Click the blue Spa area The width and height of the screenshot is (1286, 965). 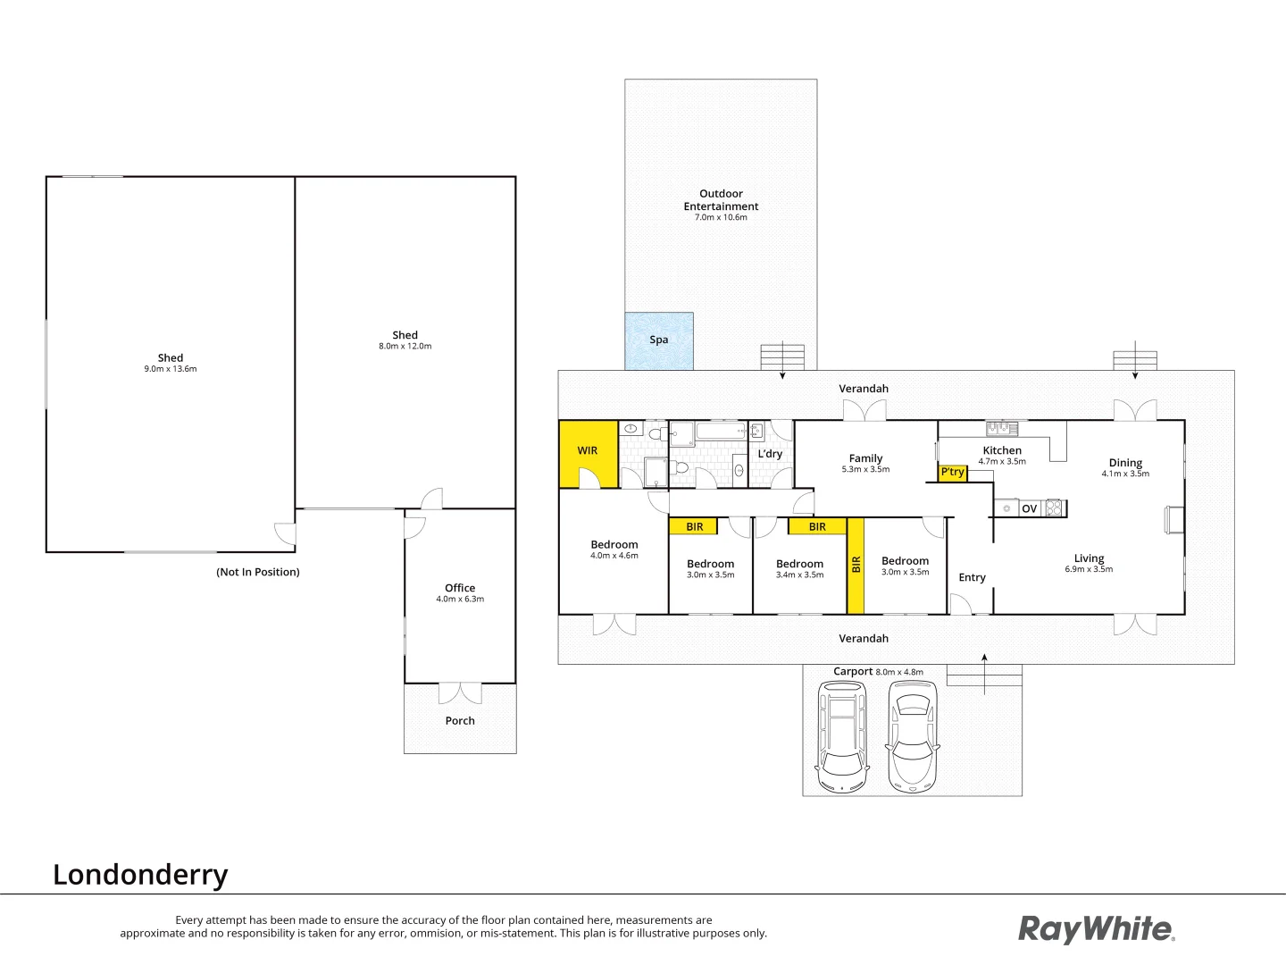(x=659, y=340)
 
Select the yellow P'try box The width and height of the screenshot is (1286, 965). (x=952, y=472)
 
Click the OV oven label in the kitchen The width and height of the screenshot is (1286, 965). (x=1029, y=508)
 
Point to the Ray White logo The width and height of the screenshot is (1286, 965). (x=1096, y=929)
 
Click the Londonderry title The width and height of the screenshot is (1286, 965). (x=140, y=874)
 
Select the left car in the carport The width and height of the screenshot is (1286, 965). (x=842, y=729)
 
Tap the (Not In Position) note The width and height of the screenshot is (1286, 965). (x=257, y=572)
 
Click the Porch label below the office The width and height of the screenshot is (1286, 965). (x=460, y=720)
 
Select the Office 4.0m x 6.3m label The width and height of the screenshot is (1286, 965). (x=460, y=593)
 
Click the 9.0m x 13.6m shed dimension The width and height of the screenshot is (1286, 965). (x=170, y=368)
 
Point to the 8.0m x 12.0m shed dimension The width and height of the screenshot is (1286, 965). (x=405, y=346)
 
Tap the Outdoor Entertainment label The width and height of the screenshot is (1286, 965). (x=721, y=200)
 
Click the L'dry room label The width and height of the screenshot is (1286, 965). (x=770, y=454)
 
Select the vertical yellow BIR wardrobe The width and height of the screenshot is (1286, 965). (x=856, y=565)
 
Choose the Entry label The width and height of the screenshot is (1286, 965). (x=972, y=577)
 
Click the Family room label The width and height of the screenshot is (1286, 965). (x=865, y=458)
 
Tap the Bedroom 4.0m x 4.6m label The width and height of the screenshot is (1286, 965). (x=614, y=550)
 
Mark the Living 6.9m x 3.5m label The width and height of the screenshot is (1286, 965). (x=1089, y=563)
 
